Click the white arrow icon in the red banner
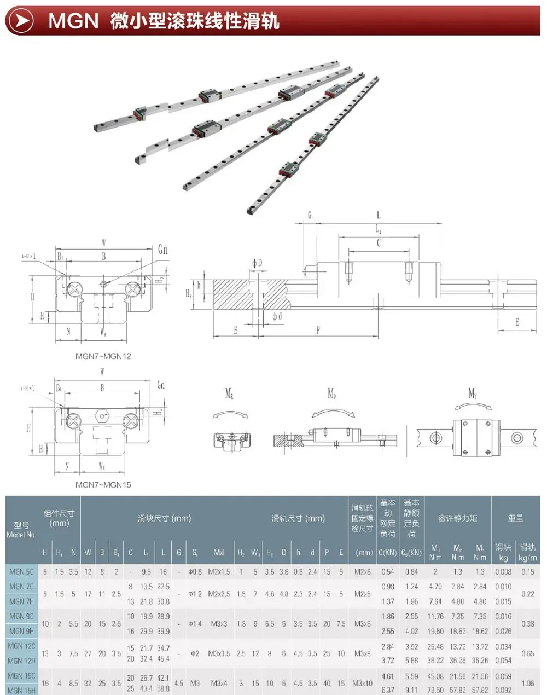(20, 21)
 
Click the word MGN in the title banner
(73, 21)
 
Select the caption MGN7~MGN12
(103, 356)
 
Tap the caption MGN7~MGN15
(103, 484)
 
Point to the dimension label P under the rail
(318, 330)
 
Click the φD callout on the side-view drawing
(257, 263)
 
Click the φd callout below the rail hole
(277, 316)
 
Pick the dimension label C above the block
(378, 242)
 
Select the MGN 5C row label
(22, 571)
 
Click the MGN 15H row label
(22, 690)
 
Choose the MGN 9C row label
(22, 616)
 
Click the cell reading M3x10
(362, 683)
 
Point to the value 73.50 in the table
(435, 690)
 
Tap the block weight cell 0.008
(503, 571)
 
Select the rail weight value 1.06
(528, 683)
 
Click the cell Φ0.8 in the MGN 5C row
(195, 571)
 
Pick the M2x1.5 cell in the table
(219, 571)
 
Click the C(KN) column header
(388, 553)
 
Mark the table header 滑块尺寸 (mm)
(164, 518)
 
